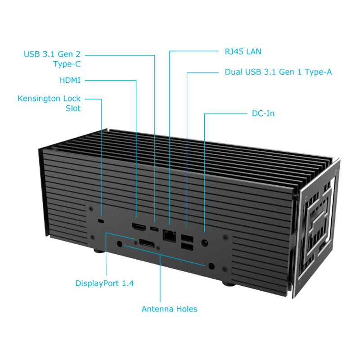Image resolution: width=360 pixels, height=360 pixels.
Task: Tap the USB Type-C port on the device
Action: (x=155, y=228)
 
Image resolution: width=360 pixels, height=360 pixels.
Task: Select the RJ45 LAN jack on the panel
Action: (x=170, y=234)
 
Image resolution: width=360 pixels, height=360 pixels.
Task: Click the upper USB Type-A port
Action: (x=186, y=237)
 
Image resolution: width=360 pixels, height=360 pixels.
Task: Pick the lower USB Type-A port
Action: (x=186, y=246)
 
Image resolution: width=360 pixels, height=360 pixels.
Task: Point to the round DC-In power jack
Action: (x=205, y=242)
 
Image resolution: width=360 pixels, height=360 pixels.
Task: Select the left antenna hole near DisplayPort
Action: (x=119, y=244)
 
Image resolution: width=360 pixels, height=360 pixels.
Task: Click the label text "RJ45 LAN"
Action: (x=243, y=52)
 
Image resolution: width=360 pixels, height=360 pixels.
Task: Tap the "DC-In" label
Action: (x=263, y=113)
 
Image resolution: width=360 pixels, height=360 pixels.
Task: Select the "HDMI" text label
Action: (x=70, y=81)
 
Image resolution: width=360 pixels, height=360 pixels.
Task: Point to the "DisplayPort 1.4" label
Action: (x=104, y=283)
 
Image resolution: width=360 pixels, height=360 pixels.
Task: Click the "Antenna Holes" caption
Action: (x=169, y=309)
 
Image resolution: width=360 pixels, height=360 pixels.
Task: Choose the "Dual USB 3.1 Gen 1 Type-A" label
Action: (x=279, y=72)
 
